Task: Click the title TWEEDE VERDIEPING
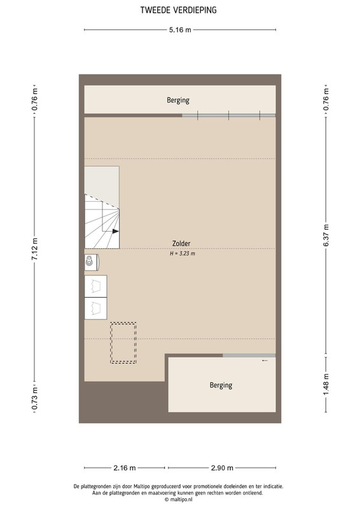pyautogui.click(x=178, y=10)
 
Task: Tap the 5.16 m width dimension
pyautogui.click(x=180, y=30)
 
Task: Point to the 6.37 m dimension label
pyautogui.click(x=326, y=235)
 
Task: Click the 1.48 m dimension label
pyautogui.click(x=326, y=385)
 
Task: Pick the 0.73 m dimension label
pyautogui.click(x=34, y=399)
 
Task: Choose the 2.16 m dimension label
pyautogui.click(x=124, y=468)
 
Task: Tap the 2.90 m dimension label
pyautogui.click(x=222, y=468)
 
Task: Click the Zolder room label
pyautogui.click(x=181, y=244)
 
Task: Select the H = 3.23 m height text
pyautogui.click(x=183, y=253)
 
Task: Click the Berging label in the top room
pyautogui.click(x=178, y=101)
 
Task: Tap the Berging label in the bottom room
pyautogui.click(x=221, y=386)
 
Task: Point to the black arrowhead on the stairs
pyautogui.click(x=116, y=231)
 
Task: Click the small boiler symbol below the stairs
pyautogui.click(x=92, y=261)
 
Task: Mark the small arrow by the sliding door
pyautogui.click(x=265, y=360)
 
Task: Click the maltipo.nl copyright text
pyautogui.click(x=178, y=499)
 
